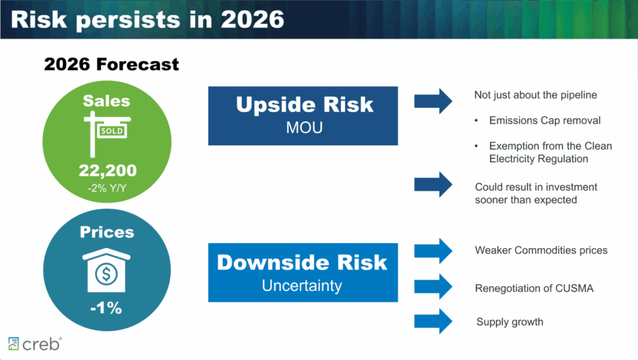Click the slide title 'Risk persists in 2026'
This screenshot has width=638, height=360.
(x=147, y=19)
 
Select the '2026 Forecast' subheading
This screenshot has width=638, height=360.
(x=111, y=64)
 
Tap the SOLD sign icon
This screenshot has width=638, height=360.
(x=106, y=134)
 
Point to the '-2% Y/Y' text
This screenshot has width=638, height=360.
(x=106, y=188)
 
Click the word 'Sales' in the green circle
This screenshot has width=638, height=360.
(x=106, y=101)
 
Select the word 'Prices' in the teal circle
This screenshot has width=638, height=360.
(x=106, y=232)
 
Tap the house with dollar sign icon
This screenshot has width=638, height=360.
(x=106, y=270)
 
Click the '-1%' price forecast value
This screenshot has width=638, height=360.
(x=106, y=308)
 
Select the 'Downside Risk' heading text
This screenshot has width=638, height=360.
(x=303, y=262)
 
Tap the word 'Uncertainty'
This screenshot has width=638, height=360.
(x=303, y=286)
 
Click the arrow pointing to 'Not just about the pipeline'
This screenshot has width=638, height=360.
(x=433, y=101)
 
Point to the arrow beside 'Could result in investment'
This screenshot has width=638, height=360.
(x=433, y=184)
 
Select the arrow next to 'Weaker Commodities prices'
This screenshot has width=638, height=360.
(x=433, y=250)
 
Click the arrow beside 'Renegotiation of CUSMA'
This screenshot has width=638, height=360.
(x=433, y=286)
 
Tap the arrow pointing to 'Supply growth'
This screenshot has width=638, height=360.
(x=433, y=321)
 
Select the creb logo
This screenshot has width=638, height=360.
(x=35, y=344)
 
